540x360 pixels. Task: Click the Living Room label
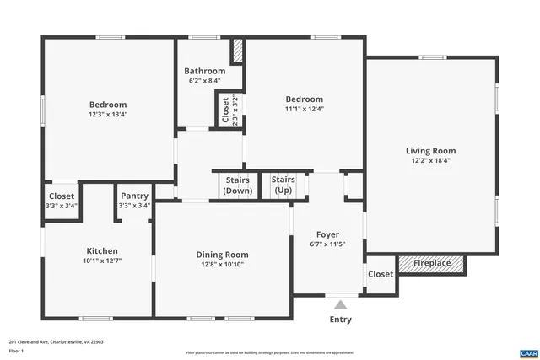click(433, 151)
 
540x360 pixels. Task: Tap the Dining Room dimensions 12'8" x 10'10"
click(222, 265)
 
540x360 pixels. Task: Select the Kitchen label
click(102, 250)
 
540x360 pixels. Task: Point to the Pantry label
click(134, 196)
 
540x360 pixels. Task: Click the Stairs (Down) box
click(238, 185)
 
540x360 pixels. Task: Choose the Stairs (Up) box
click(283, 185)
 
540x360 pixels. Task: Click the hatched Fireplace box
click(431, 264)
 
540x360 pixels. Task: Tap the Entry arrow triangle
click(340, 304)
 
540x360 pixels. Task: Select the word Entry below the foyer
click(340, 320)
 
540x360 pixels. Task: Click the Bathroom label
click(207, 72)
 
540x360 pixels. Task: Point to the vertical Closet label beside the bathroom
click(225, 110)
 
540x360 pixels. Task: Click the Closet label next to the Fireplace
click(381, 274)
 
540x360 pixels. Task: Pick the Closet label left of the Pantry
click(62, 196)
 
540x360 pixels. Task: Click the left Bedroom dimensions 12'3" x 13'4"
click(108, 114)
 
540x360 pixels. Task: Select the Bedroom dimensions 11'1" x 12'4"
click(304, 108)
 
